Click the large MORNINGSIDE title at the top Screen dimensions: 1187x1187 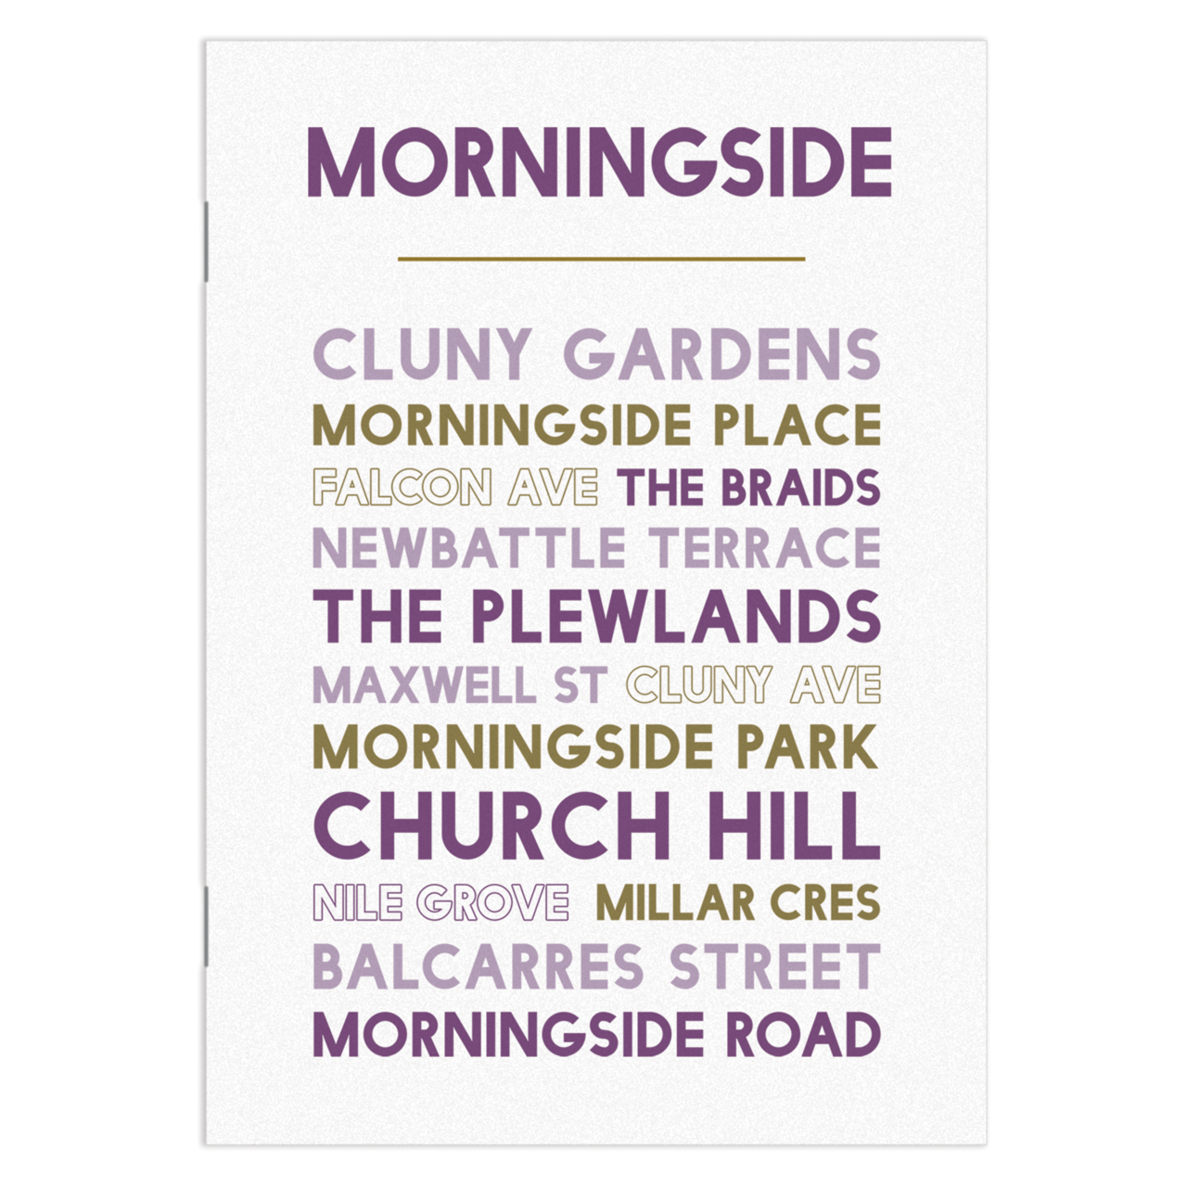click(x=599, y=163)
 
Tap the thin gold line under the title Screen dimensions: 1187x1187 click(x=601, y=259)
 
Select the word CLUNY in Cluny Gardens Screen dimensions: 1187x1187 click(x=422, y=354)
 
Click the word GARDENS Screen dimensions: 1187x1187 click(x=721, y=354)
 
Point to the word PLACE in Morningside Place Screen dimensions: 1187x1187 click(x=797, y=426)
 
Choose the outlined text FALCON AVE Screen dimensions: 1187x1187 click(x=455, y=488)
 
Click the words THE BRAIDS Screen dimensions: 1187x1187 click(x=748, y=488)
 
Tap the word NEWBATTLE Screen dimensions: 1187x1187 click(x=469, y=548)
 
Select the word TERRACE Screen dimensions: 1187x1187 click(x=764, y=548)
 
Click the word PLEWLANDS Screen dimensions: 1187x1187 click(x=675, y=616)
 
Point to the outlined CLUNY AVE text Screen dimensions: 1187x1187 click(x=753, y=685)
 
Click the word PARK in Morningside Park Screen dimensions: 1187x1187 click(x=807, y=747)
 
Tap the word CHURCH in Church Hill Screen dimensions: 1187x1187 click(x=492, y=824)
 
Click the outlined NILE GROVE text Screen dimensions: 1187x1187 click(x=441, y=902)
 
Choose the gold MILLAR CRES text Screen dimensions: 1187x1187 click(x=737, y=902)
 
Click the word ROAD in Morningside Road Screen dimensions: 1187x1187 click(x=803, y=1035)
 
